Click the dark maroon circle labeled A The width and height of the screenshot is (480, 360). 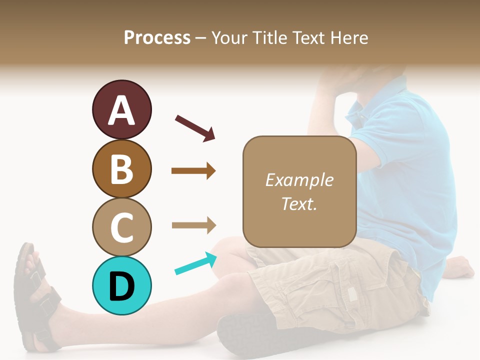point(121,109)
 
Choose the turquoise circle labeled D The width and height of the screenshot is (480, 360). point(121,285)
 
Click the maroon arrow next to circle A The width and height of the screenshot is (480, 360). point(195,128)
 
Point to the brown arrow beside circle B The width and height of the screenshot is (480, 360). point(193,171)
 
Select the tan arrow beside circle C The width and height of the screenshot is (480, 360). point(194,225)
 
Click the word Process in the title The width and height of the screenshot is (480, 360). point(157,38)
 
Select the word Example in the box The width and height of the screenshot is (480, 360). point(299,180)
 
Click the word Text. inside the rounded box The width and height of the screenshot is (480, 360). point(299,203)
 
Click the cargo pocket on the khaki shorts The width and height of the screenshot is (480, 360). point(350,290)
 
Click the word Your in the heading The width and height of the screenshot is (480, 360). point(228,38)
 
